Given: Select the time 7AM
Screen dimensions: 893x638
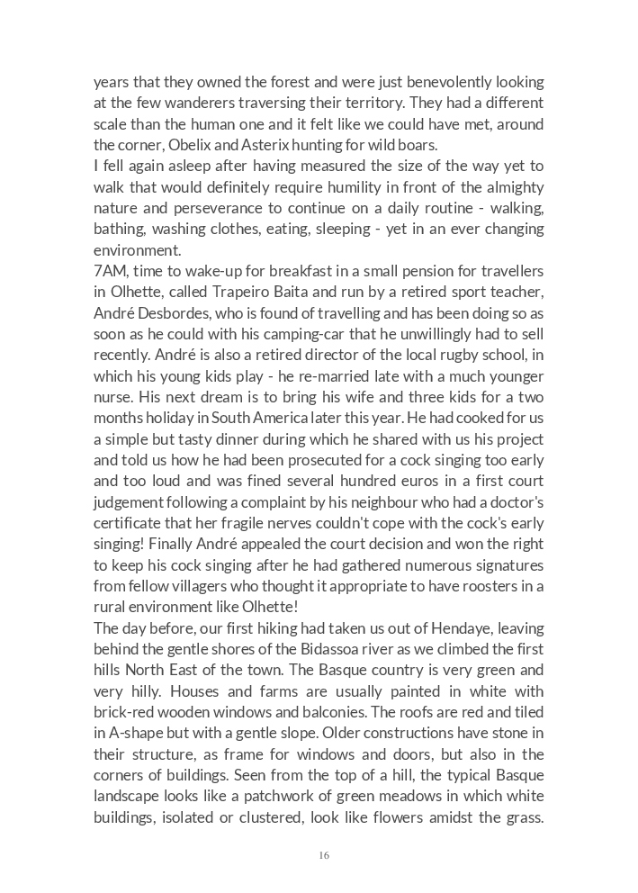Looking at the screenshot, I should click(x=111, y=271).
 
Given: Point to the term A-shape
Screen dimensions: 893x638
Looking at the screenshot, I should click(x=131, y=733).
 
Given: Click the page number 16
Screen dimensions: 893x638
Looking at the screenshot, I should click(x=324, y=855).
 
